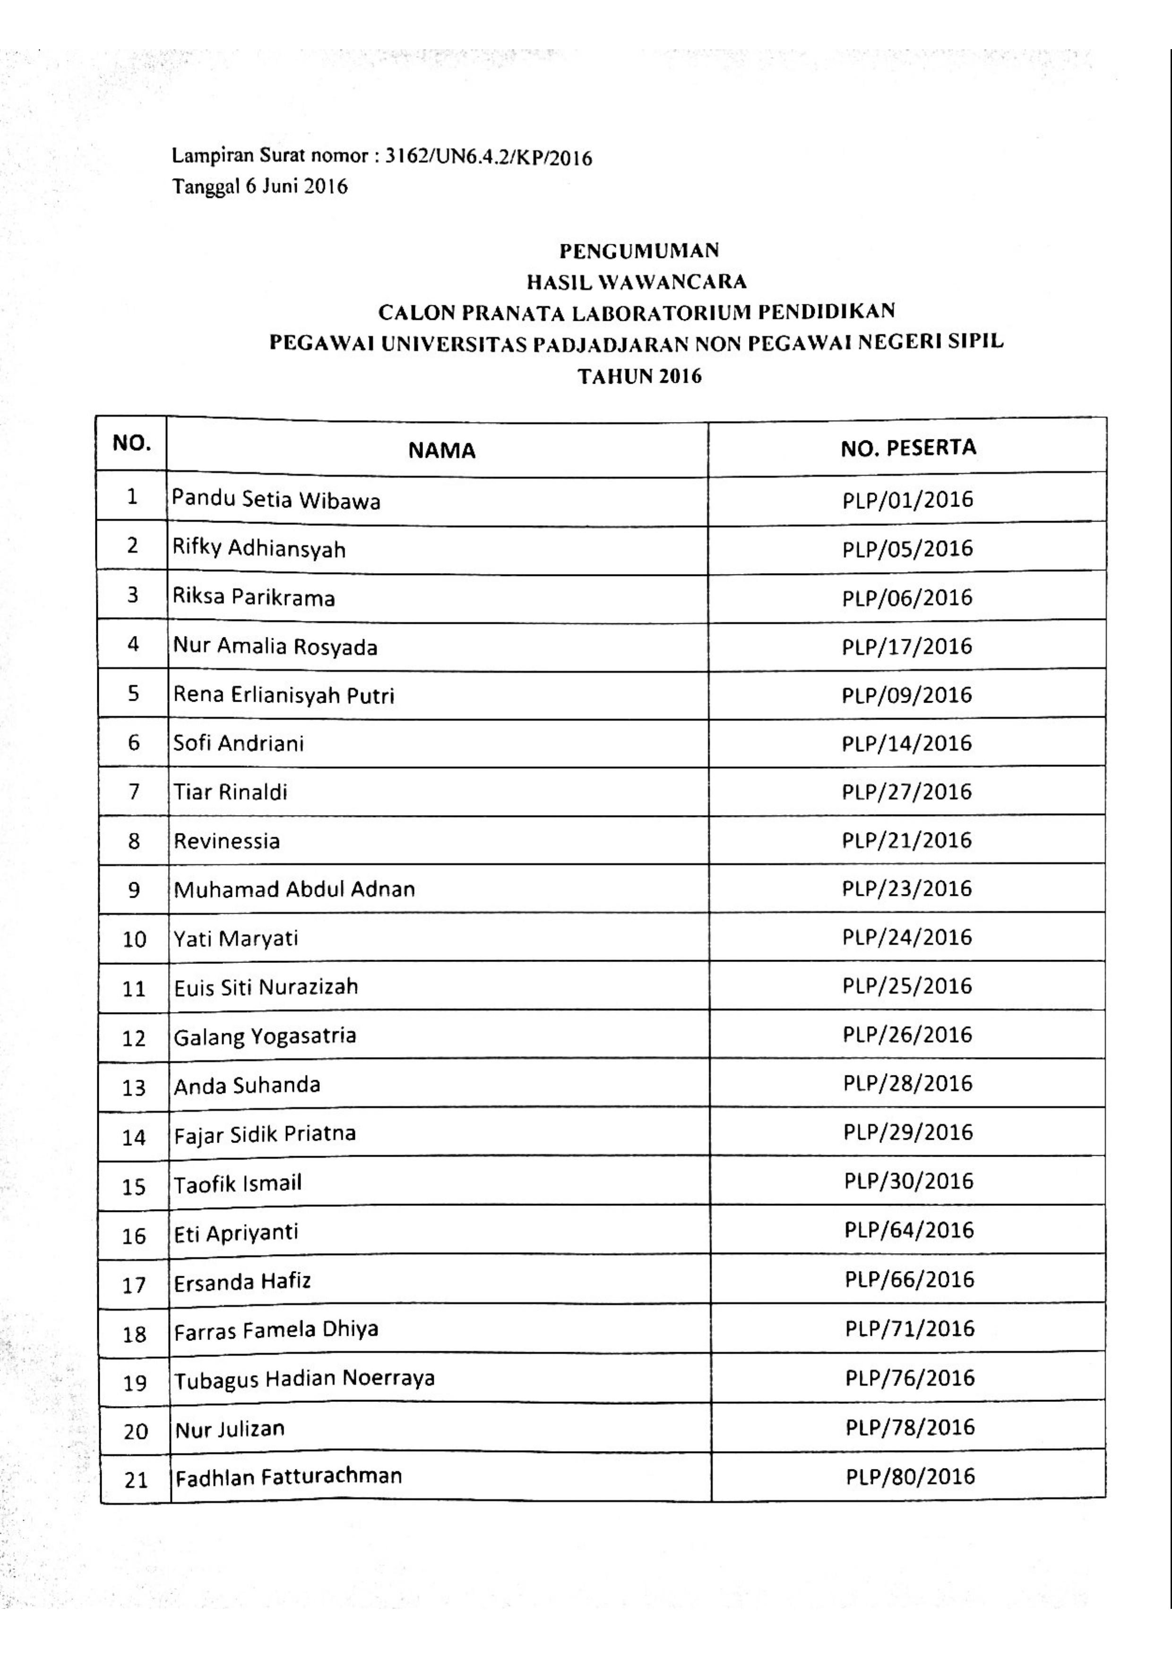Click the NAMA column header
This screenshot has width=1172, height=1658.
click(441, 451)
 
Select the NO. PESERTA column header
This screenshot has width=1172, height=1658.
click(908, 448)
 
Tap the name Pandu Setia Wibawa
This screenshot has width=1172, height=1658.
click(276, 500)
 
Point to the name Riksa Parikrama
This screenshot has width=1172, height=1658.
click(253, 598)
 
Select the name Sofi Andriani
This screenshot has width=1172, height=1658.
click(238, 743)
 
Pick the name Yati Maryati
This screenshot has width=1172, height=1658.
click(236, 939)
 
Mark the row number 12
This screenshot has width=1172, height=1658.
click(134, 1039)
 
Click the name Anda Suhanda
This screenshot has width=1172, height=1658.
click(247, 1085)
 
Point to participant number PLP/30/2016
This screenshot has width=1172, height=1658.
click(908, 1181)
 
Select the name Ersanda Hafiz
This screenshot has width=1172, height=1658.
click(242, 1282)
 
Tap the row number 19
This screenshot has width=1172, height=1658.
click(135, 1383)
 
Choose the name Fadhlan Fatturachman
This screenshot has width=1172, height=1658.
click(289, 1476)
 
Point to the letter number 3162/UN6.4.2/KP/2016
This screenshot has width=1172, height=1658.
click(489, 157)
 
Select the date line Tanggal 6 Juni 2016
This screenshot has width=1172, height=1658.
click(259, 187)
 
